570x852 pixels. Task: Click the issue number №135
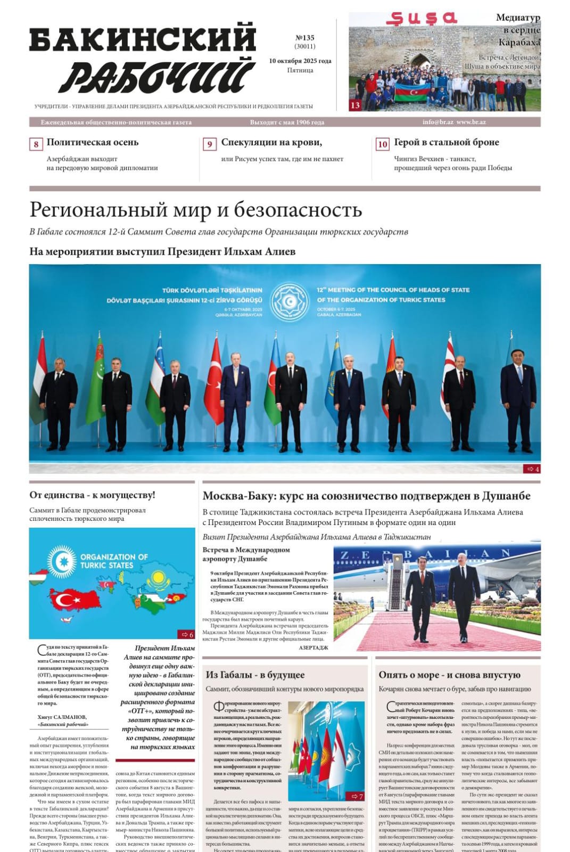[304, 38]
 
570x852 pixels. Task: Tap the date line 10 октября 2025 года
[300, 61]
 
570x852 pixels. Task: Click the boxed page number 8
[36, 144]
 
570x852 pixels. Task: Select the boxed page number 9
[210, 144]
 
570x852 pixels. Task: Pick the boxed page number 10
[382, 144]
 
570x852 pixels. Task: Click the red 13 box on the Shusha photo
[355, 105]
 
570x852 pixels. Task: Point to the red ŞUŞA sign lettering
[421, 19]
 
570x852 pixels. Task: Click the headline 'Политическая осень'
[93, 142]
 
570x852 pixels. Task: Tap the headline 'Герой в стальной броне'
[446, 142]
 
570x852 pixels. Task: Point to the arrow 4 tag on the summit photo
[532, 469]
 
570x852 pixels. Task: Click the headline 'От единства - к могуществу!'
[92, 495]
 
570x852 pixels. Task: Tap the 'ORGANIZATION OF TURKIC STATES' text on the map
[114, 561]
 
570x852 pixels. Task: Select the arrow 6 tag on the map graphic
[187, 634]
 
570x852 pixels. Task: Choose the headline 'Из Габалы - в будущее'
[255, 675]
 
